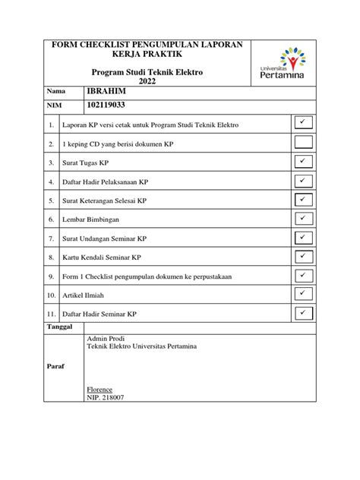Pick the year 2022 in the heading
[x=142, y=81]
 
